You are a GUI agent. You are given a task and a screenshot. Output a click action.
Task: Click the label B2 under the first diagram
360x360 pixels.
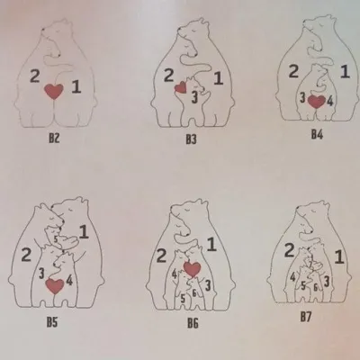[x=54, y=139]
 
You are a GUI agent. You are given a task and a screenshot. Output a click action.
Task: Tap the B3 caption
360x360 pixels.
[x=191, y=139]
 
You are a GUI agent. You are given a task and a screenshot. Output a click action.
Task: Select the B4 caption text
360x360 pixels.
[x=317, y=135]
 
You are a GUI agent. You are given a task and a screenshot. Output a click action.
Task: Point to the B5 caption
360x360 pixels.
[x=52, y=322]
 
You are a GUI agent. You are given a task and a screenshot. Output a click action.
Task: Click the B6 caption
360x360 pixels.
[x=193, y=323]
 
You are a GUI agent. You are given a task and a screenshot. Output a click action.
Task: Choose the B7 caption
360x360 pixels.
[x=306, y=317]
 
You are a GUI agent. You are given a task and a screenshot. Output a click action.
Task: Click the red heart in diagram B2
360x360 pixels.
[x=54, y=91]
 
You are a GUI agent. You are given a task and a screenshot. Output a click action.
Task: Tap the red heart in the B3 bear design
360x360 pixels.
[x=181, y=87]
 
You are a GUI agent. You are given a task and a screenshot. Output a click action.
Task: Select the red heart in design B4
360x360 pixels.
[x=317, y=102]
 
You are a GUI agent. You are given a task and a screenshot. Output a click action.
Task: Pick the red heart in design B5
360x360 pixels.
[x=55, y=286]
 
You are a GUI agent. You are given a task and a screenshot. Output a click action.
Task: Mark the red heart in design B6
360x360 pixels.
[x=192, y=269]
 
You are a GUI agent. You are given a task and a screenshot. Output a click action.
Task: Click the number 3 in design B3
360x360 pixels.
[x=194, y=97]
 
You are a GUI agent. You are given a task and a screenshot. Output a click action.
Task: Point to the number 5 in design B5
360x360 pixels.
[x=56, y=239]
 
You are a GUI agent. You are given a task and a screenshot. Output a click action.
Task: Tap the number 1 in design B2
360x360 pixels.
[x=76, y=87]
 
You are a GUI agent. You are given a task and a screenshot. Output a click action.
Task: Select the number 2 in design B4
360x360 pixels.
[x=293, y=71]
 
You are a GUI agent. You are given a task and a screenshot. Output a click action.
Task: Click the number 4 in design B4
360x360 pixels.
[x=330, y=101]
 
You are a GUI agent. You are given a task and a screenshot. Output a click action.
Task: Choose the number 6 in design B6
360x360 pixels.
[x=194, y=292]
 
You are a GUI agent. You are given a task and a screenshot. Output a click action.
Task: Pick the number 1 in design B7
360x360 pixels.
[x=339, y=257]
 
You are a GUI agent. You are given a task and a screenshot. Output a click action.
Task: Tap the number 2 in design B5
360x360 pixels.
[x=26, y=255]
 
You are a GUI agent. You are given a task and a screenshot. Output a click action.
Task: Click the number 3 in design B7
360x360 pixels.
[x=327, y=282]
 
